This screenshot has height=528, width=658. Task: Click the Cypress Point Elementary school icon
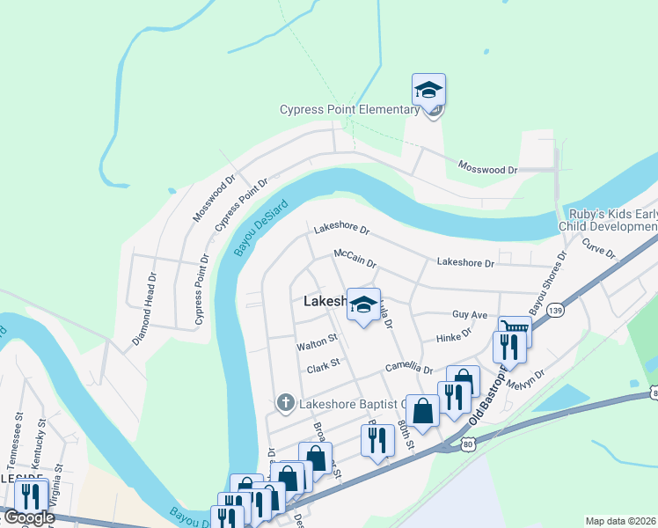(x=428, y=91)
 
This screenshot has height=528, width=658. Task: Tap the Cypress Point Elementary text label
(x=349, y=110)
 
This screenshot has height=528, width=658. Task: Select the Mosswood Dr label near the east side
(x=487, y=166)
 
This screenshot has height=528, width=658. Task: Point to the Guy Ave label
(x=469, y=314)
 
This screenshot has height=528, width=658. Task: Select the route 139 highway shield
(x=554, y=310)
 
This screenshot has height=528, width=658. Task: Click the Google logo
(x=28, y=517)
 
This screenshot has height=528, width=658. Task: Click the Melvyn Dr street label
(x=527, y=380)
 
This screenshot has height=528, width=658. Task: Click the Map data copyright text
(x=621, y=521)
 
